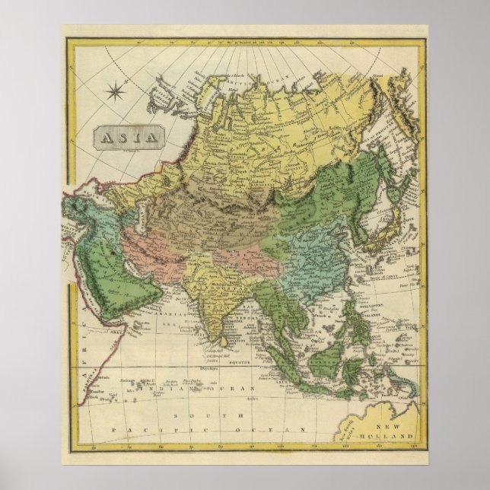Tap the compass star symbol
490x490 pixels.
117,93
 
